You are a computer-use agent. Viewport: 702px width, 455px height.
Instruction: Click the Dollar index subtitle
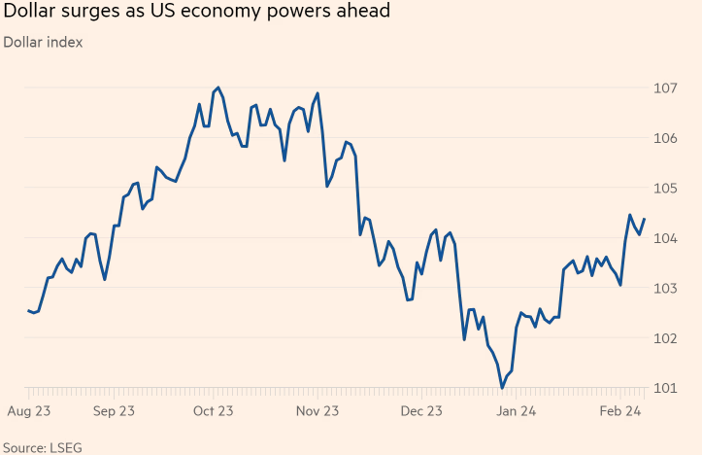click(43, 42)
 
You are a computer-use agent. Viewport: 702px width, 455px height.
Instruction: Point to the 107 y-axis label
click(664, 88)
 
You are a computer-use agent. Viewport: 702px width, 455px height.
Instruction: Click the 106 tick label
click(664, 138)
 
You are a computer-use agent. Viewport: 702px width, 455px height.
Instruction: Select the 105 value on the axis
click(664, 189)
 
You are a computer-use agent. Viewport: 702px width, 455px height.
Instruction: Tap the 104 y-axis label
click(664, 238)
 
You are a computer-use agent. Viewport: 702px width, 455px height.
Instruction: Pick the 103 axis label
click(664, 289)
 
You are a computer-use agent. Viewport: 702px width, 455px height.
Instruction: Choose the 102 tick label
click(664, 338)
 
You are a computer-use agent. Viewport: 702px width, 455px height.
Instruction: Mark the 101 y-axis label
click(664, 389)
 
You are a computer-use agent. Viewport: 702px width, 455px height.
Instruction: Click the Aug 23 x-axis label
click(29, 411)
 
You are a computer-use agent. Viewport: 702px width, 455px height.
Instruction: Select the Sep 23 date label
click(114, 411)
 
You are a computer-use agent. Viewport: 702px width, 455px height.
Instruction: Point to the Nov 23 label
click(318, 411)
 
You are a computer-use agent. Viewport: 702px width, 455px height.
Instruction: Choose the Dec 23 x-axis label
click(421, 411)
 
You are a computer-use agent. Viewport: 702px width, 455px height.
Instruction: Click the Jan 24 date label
click(518, 411)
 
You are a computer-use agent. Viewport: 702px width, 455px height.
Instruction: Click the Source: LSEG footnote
click(37, 446)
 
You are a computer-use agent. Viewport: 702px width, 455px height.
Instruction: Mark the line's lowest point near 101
click(502, 389)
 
